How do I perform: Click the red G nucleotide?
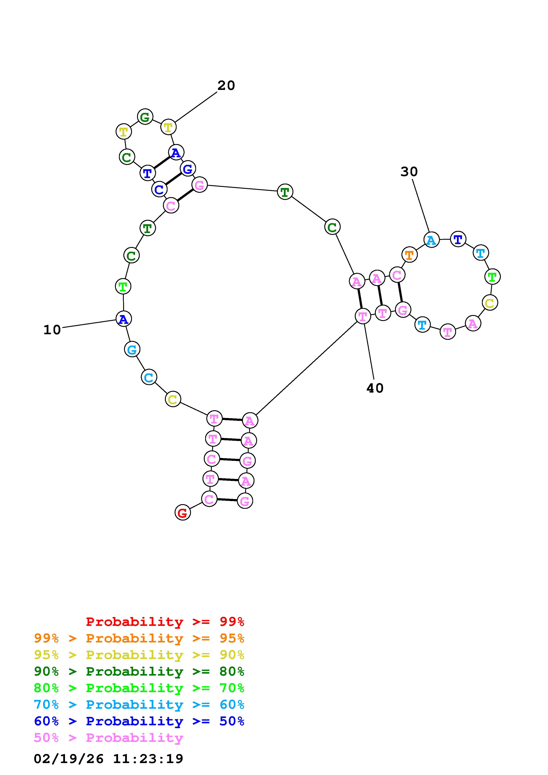182,513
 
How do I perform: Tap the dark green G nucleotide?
145,117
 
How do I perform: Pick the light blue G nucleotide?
132,349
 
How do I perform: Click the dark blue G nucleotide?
188,168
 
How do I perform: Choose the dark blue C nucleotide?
159,189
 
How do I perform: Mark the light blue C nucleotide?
149,377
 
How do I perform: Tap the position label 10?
52,330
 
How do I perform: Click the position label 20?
226,85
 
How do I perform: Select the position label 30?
409,172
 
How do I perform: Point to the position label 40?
375,388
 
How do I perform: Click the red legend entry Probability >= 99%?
165,621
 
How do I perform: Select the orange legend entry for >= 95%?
139,638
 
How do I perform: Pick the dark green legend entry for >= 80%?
139,671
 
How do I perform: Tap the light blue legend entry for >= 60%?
139,705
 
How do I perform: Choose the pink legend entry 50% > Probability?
108,737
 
